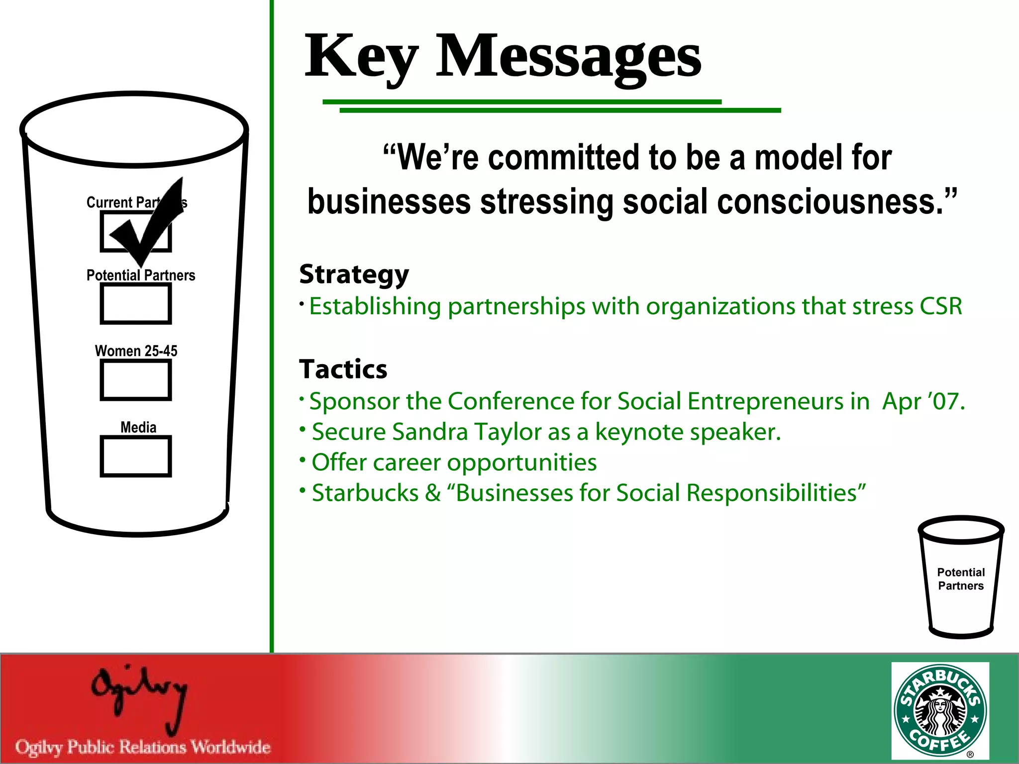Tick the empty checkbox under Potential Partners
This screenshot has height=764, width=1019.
[x=136, y=304]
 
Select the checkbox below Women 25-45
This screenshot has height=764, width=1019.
[x=136, y=380]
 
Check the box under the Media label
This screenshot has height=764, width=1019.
[x=136, y=456]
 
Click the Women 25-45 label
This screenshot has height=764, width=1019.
[x=136, y=351]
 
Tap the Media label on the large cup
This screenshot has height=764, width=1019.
[x=138, y=427]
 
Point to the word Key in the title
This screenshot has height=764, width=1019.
[x=361, y=57]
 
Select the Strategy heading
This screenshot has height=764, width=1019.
[x=354, y=275]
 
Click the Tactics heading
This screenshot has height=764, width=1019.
[x=343, y=369]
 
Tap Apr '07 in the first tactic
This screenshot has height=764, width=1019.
[x=923, y=401]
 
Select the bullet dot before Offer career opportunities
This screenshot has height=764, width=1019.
[x=302, y=460]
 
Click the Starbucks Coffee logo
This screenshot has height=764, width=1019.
[x=940, y=710]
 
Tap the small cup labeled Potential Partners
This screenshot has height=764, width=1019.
[x=960, y=577]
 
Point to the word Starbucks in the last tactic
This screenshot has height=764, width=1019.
[x=365, y=493]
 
